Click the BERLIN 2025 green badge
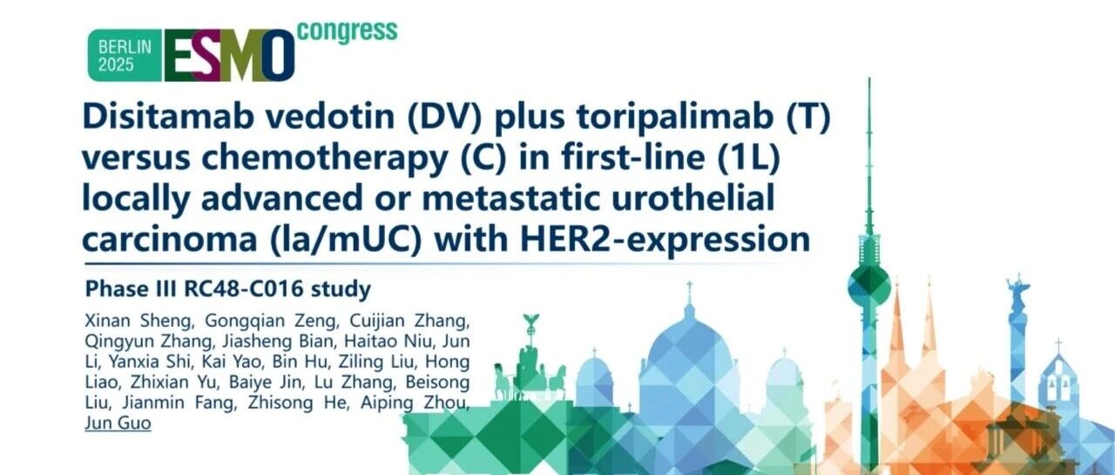coord(125,55)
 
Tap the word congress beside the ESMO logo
coord(348,32)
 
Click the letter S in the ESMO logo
coord(206,55)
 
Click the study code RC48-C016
coord(243,288)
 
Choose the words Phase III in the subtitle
coord(131,288)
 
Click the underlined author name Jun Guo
coord(118,424)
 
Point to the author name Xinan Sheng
coord(138,322)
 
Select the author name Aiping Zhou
coord(415,403)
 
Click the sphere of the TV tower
coord(869,286)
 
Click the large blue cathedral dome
coord(689,349)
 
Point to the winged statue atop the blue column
coord(1018,288)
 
